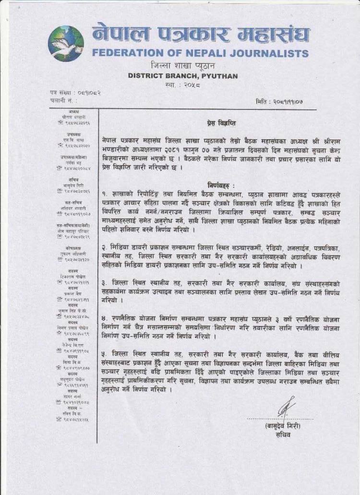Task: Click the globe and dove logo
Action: tap(66, 43)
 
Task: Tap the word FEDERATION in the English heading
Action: tap(126, 52)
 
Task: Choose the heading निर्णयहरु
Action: tap(221, 185)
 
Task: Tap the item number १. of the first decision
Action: tap(106, 193)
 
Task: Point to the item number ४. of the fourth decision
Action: tap(106, 319)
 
